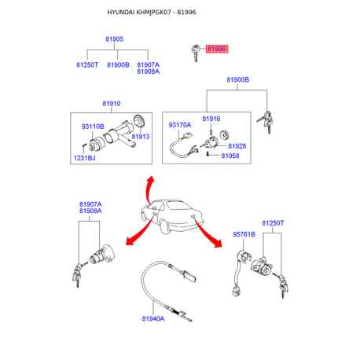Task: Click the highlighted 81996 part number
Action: coord(217,49)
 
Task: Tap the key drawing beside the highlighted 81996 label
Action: coord(196,53)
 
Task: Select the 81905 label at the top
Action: coord(114,39)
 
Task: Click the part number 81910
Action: coord(112,104)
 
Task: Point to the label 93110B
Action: coord(93,127)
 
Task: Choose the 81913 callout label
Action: coord(141,137)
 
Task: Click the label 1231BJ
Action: coord(84,158)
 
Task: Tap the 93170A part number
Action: coord(180,125)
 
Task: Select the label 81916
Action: coord(211,119)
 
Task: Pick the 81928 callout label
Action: coord(237,146)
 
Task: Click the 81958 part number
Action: coord(230,156)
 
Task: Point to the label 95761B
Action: coord(244,234)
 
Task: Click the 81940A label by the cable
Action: coord(153,318)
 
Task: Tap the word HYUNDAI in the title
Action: coord(121,13)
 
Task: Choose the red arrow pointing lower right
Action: coord(208,233)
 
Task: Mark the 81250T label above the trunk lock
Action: coord(273,223)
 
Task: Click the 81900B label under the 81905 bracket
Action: coord(118,64)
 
